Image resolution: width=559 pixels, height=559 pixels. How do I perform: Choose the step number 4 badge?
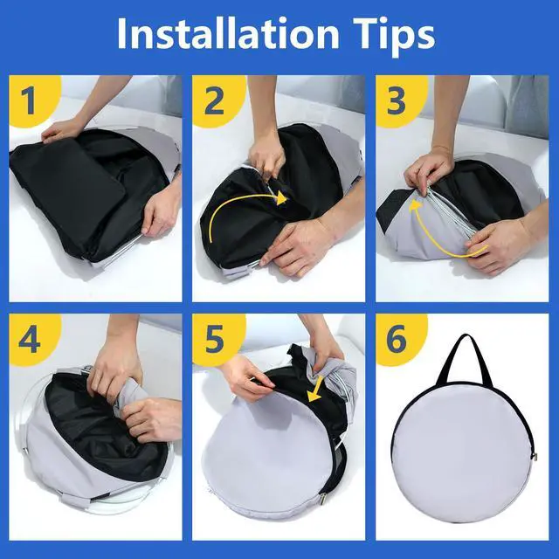tap(29, 339)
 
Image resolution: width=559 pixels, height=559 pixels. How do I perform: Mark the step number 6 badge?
tap(397, 339)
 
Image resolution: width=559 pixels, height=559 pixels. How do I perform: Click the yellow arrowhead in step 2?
tap(280, 199)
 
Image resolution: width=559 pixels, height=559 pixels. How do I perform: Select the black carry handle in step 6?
tap(463, 354)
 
